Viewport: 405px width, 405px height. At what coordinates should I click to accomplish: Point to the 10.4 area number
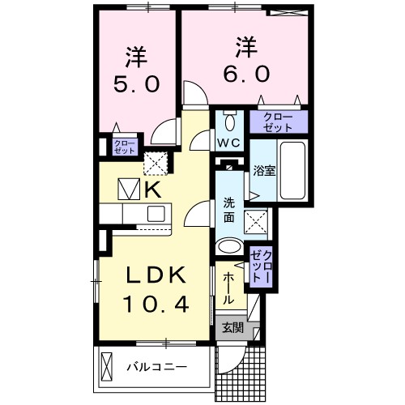coord(159,305)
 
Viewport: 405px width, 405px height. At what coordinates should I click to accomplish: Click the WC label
coord(228,144)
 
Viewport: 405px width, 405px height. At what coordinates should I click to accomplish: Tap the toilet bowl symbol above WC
coord(229,122)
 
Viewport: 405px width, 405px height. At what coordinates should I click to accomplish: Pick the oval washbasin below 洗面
coord(229,247)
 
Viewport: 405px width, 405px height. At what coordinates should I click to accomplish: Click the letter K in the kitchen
coord(153,190)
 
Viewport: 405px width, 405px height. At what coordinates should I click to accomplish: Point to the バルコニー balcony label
coord(156,367)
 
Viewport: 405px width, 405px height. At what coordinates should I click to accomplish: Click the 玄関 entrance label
coord(232,327)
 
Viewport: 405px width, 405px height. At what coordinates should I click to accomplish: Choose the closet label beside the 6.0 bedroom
coord(279,123)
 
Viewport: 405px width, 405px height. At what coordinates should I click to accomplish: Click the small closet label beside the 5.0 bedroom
coord(125,147)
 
